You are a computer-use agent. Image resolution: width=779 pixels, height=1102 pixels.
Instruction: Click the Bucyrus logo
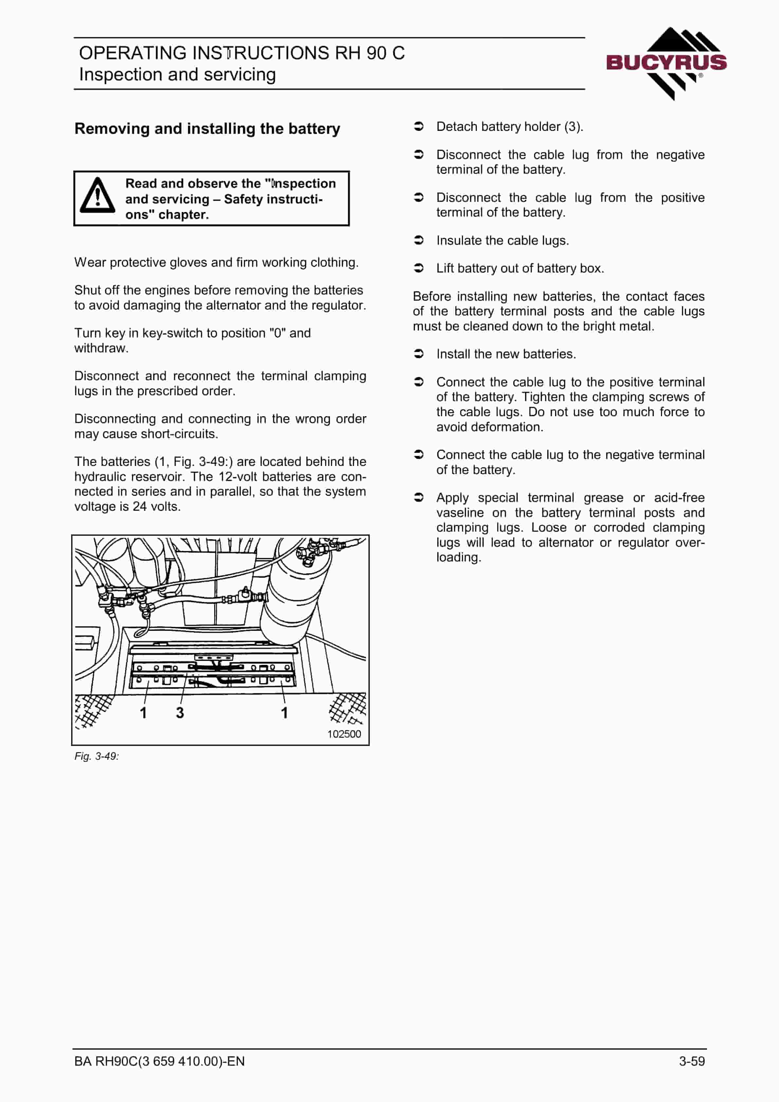[x=666, y=63]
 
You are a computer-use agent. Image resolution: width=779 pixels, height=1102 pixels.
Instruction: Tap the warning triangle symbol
[x=98, y=195]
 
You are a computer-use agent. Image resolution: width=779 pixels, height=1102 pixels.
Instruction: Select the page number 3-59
[x=692, y=1061]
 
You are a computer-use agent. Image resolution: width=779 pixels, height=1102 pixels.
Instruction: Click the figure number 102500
[x=344, y=734]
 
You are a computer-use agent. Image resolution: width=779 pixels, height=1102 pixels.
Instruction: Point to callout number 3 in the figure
[x=180, y=713]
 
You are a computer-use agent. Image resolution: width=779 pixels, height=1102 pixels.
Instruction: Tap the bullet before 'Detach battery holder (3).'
[x=419, y=126]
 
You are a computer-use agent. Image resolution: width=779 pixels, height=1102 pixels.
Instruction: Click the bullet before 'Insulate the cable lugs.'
[x=419, y=240]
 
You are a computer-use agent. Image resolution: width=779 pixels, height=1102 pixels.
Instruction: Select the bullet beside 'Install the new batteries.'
[x=419, y=354]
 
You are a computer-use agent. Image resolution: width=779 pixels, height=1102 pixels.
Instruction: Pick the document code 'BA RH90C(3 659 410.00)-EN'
[x=159, y=1061]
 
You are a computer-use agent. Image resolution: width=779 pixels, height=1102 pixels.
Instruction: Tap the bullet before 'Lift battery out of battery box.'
[x=419, y=268]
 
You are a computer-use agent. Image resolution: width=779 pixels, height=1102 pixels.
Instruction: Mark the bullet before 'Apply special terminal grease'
[x=419, y=497]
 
